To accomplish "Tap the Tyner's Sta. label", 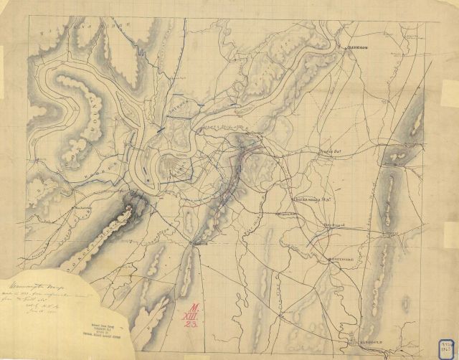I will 329,153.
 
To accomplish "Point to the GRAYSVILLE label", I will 340,258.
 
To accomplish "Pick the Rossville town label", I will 199,244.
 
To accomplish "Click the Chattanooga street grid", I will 174,166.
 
